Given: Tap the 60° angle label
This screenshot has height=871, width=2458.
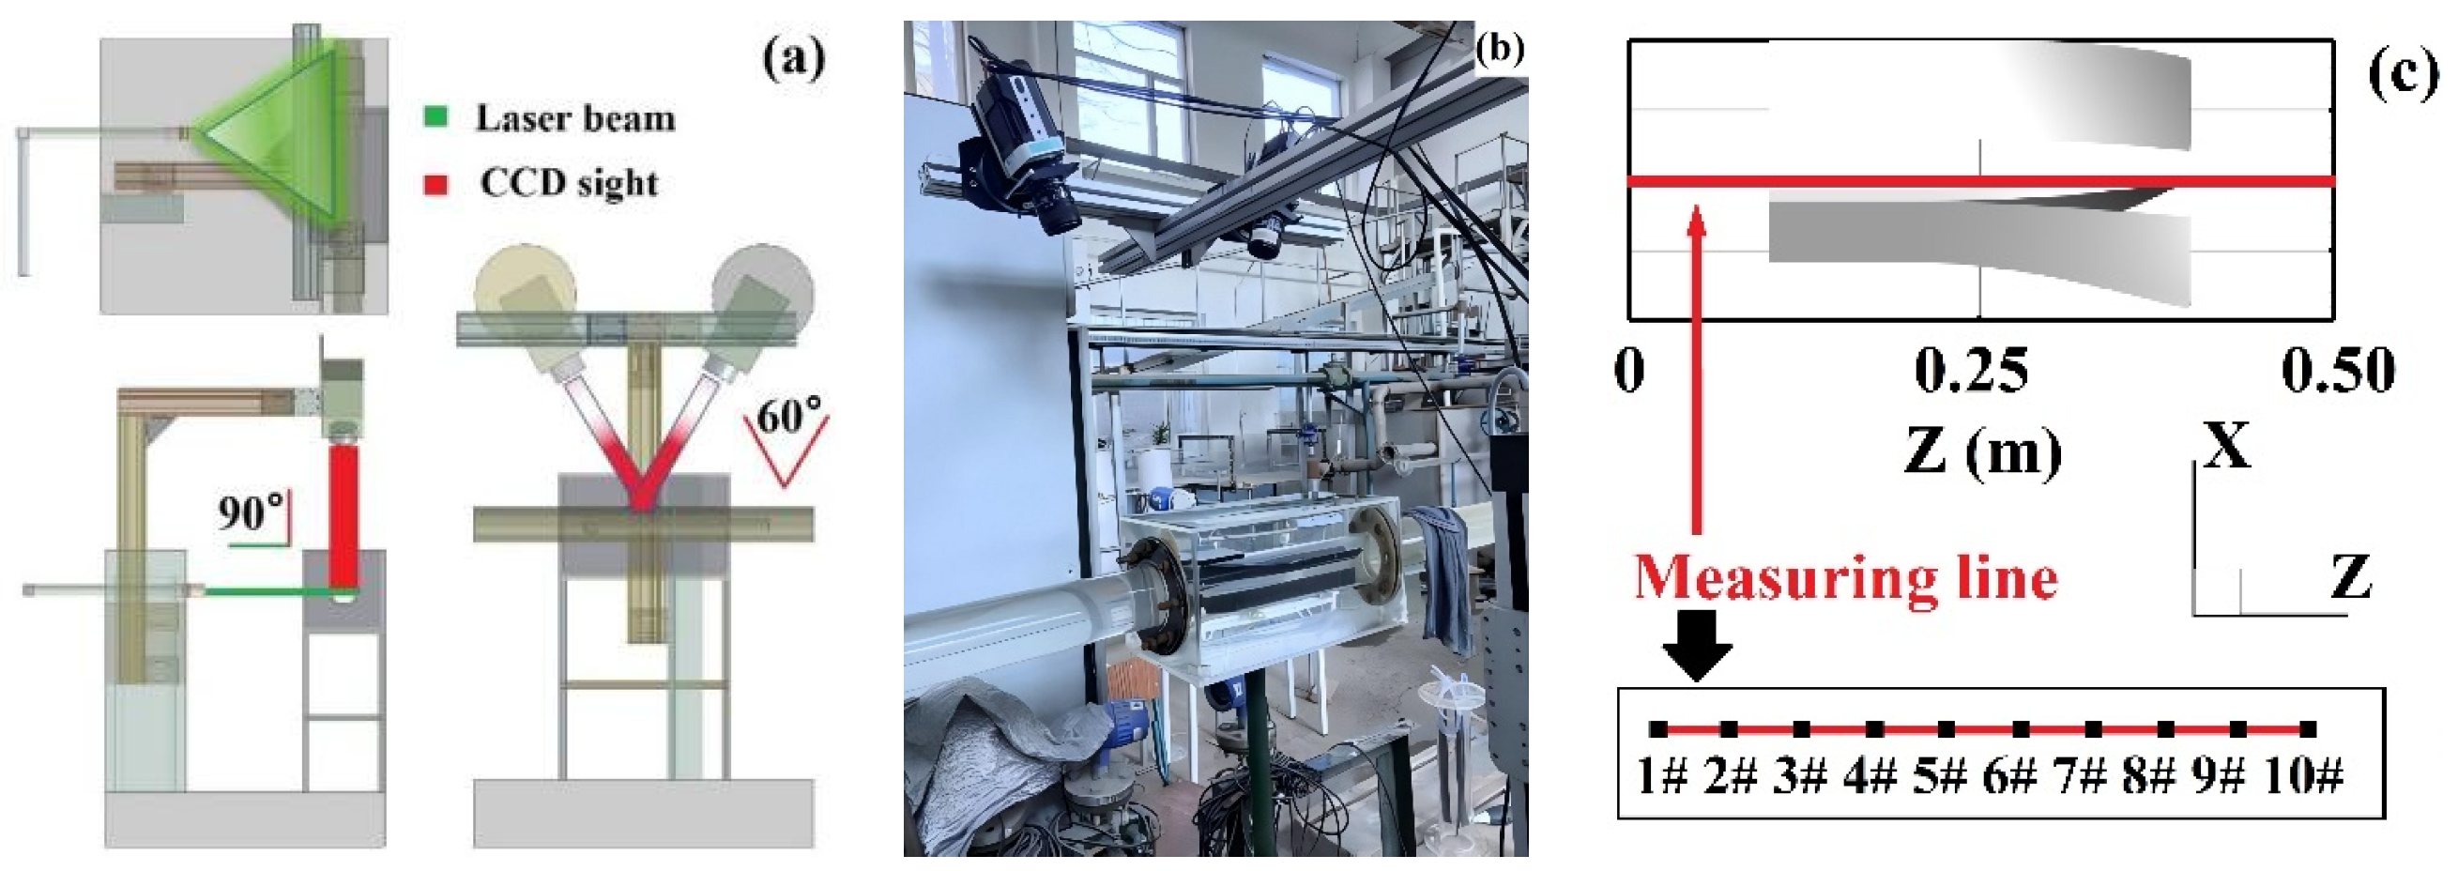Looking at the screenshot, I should (x=788, y=417).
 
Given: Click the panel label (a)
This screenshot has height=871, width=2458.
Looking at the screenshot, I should (x=794, y=59).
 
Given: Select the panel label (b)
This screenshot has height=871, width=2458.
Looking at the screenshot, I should (x=1499, y=49).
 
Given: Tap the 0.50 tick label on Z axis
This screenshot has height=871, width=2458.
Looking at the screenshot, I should (x=2338, y=370).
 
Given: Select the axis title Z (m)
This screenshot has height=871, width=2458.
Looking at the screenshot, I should (x=1982, y=451).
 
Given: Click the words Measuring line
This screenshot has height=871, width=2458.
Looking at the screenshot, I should (x=1845, y=579).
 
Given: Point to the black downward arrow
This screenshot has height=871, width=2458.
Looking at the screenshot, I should (x=1697, y=645).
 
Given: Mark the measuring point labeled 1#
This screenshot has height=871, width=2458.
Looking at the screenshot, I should (x=1659, y=730).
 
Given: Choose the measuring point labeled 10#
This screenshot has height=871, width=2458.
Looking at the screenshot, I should (x=2308, y=730).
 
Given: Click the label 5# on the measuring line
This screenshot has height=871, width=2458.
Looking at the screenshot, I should (x=1939, y=776).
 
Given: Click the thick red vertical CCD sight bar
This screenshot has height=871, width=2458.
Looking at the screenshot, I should (x=343, y=515).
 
